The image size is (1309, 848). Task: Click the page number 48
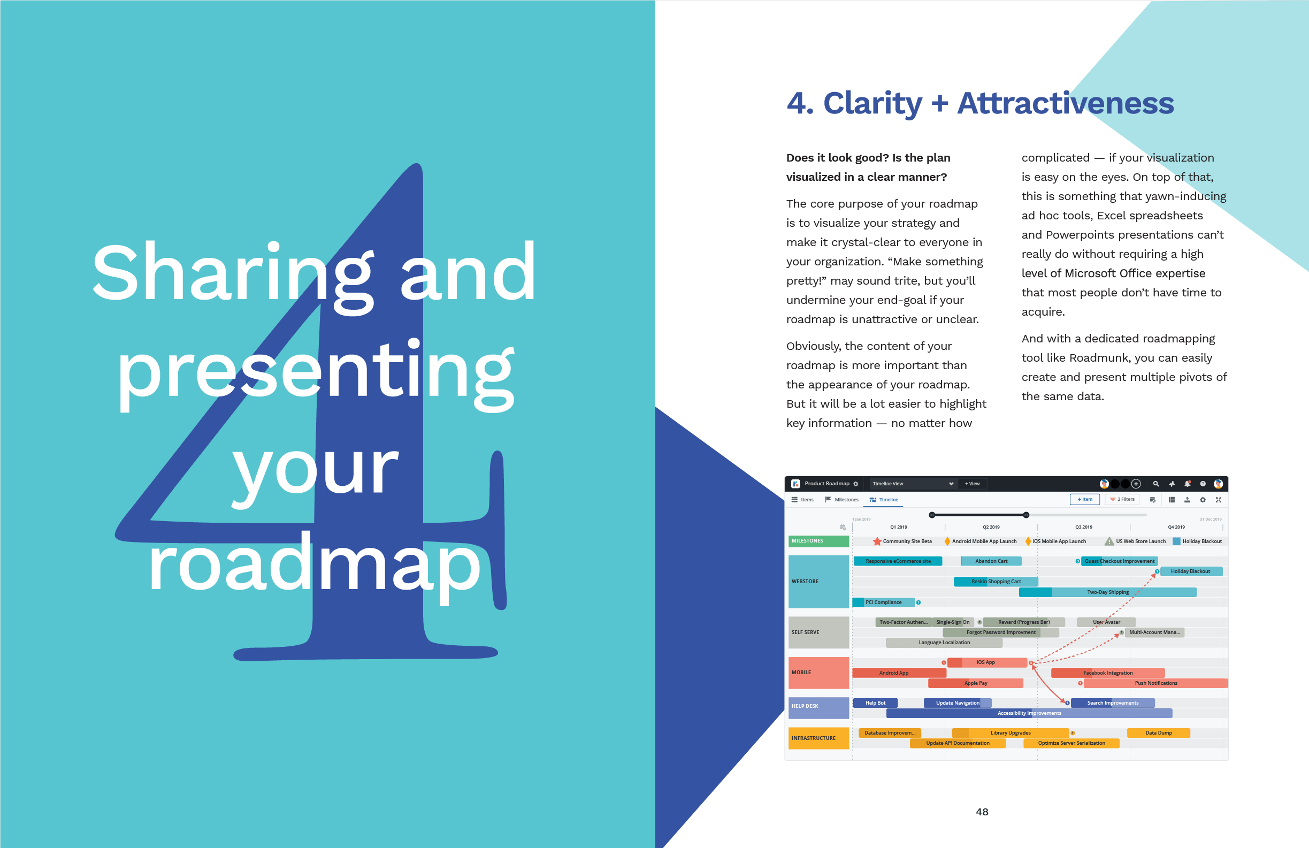(x=982, y=812)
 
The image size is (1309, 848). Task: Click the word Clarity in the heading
(x=872, y=103)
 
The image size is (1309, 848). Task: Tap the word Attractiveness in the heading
(x=1066, y=103)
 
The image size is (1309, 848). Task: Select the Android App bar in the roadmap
(x=899, y=673)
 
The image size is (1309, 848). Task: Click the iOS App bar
(x=987, y=662)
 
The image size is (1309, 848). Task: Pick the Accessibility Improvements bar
(x=1029, y=713)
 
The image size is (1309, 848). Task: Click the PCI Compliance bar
(x=883, y=602)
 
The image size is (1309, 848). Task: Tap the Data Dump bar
(x=1158, y=733)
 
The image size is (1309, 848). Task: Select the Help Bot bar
(x=875, y=703)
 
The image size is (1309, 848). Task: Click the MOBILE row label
(x=818, y=673)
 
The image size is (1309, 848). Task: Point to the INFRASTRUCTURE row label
(x=818, y=738)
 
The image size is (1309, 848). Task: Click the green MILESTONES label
(x=818, y=541)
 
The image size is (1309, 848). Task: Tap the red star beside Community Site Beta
(x=877, y=541)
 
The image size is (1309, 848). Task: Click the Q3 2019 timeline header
(x=1083, y=527)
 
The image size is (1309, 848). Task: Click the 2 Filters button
(x=1122, y=499)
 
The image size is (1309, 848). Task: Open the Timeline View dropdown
(x=912, y=484)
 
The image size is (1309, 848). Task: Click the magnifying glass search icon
(x=1155, y=484)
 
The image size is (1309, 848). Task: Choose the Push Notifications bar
(x=1155, y=683)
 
